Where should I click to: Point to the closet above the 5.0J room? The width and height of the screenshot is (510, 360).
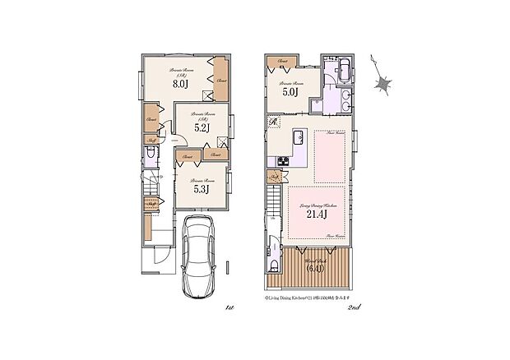point(281,62)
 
